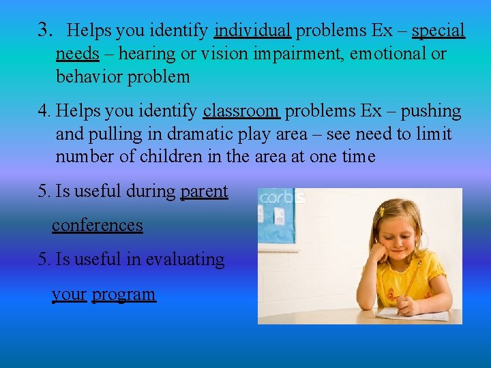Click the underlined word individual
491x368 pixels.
(x=252, y=31)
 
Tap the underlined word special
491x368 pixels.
(x=438, y=31)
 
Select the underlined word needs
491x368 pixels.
(x=77, y=54)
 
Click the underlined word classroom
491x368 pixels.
(x=241, y=110)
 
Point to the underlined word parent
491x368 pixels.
(x=204, y=191)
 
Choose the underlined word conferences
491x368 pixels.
(x=98, y=226)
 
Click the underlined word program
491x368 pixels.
(x=123, y=294)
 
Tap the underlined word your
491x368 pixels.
(x=69, y=294)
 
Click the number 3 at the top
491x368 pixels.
(x=45, y=29)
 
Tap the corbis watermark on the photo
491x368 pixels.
(x=280, y=198)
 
